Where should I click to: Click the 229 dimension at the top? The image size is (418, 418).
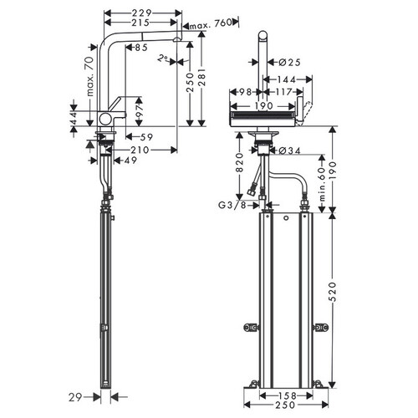tap(141, 13)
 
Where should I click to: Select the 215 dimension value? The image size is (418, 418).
tap(140, 23)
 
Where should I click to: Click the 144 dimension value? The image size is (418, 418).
tap(286, 79)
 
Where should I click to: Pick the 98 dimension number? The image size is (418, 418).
tap(245, 92)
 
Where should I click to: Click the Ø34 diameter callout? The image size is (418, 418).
tap(290, 150)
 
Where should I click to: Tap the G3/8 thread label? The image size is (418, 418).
tap(232, 206)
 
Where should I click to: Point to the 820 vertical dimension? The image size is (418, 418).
tap(240, 162)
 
